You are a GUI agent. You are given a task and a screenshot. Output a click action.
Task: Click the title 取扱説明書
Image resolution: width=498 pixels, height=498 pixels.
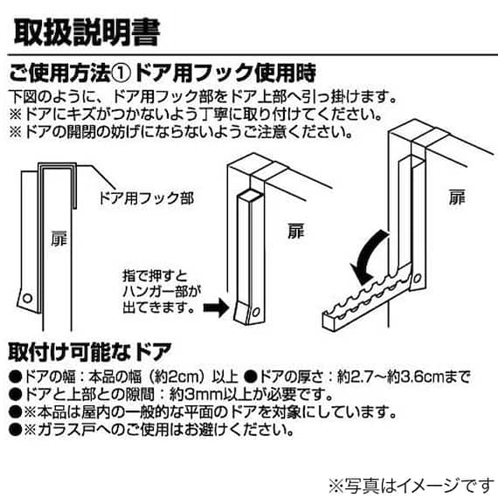tap(86, 32)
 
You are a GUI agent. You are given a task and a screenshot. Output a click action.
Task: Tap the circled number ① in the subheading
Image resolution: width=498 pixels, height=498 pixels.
tap(121, 73)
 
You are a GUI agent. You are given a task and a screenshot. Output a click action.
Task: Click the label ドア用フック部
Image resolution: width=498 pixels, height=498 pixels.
tap(146, 198)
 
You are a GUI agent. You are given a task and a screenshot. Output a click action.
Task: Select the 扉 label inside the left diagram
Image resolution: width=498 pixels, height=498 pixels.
tap(59, 239)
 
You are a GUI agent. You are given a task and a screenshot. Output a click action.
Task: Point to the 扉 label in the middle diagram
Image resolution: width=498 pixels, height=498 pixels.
tap(296, 231)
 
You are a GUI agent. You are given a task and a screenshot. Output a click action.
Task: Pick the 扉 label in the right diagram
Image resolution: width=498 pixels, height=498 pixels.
tap(457, 197)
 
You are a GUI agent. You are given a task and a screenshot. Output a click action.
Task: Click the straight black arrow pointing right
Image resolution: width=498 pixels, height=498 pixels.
tap(217, 308)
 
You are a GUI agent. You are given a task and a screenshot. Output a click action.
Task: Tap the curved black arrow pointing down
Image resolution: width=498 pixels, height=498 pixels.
tap(368, 257)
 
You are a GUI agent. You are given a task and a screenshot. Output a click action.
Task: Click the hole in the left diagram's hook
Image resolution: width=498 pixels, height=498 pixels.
tap(28, 299)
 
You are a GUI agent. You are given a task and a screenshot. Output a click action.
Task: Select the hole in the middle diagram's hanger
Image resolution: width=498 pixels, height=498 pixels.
tap(256, 313)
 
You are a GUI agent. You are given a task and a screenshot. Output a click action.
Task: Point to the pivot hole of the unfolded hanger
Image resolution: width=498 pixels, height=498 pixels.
tap(417, 280)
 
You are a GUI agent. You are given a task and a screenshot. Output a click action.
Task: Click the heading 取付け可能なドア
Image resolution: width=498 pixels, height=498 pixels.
tap(90, 352)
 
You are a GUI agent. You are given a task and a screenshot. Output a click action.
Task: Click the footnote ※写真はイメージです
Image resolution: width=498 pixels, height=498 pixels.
tap(412, 486)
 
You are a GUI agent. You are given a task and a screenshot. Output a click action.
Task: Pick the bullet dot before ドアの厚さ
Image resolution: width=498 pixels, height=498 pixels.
tap(251, 377)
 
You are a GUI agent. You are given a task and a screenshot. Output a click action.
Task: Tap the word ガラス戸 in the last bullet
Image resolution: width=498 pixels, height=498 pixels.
tap(65, 430)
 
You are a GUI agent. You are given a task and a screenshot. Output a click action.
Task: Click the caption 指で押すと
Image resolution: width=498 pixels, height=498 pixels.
tap(156, 276)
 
